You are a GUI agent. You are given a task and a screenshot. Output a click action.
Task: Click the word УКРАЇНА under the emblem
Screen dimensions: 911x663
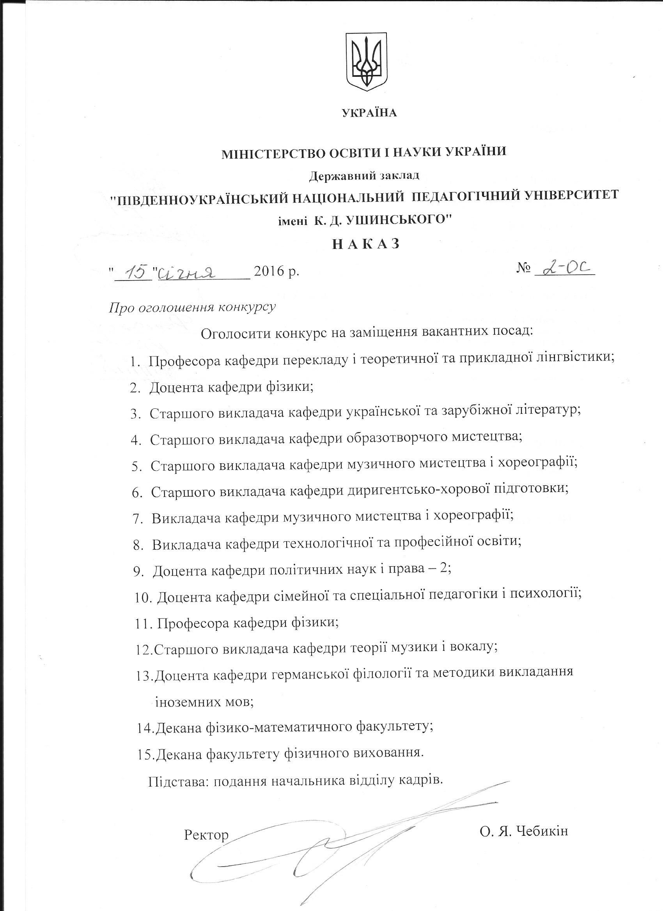pyautogui.click(x=369, y=113)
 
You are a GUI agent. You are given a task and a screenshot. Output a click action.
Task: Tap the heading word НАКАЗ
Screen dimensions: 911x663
pyautogui.click(x=366, y=244)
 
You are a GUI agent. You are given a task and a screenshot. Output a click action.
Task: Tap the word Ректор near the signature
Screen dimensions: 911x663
pyautogui.click(x=206, y=832)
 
